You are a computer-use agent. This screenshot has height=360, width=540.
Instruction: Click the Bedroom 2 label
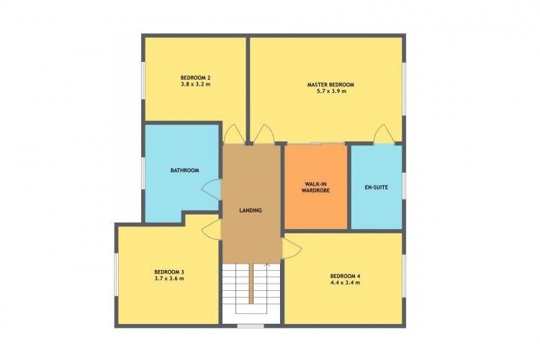tap(195, 77)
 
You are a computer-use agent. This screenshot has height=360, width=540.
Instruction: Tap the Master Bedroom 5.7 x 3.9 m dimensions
tap(330, 91)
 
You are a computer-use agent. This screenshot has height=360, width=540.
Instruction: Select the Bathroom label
tap(185, 170)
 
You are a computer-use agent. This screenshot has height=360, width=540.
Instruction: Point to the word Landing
tap(251, 210)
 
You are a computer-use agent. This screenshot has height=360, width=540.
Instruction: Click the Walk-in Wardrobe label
tap(316, 186)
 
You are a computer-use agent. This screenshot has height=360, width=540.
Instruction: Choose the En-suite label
tap(377, 187)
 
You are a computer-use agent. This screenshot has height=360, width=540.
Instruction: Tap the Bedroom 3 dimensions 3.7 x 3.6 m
tap(169, 279)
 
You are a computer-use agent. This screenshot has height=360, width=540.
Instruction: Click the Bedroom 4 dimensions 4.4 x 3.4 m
tap(346, 282)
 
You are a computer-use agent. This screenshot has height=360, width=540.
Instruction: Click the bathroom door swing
tap(211, 189)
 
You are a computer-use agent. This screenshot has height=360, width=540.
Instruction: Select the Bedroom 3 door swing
tap(211, 229)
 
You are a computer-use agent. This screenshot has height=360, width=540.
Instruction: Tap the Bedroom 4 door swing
tap(292, 248)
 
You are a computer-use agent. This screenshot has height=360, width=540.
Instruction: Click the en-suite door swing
tap(384, 134)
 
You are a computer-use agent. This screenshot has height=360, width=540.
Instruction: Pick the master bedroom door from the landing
tap(264, 134)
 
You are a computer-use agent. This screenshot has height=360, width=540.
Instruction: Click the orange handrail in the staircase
tap(251, 284)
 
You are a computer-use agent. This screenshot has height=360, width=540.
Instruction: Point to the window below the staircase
tap(251, 325)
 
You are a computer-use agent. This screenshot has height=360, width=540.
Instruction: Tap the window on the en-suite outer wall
tap(405, 186)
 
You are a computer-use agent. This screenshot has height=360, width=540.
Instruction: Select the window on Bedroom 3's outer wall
tap(117, 274)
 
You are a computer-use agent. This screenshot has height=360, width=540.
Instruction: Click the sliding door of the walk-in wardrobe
tap(316, 143)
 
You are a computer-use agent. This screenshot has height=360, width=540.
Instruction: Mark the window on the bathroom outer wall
tap(143, 173)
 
